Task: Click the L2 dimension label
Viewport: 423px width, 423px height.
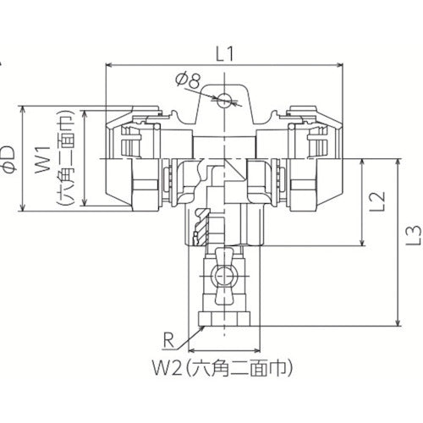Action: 381,201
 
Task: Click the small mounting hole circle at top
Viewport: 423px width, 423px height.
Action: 223,100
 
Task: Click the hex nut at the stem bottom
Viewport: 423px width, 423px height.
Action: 223,321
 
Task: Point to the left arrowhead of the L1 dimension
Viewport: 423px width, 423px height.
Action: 110,64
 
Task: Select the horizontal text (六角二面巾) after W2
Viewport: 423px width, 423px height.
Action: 246,369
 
